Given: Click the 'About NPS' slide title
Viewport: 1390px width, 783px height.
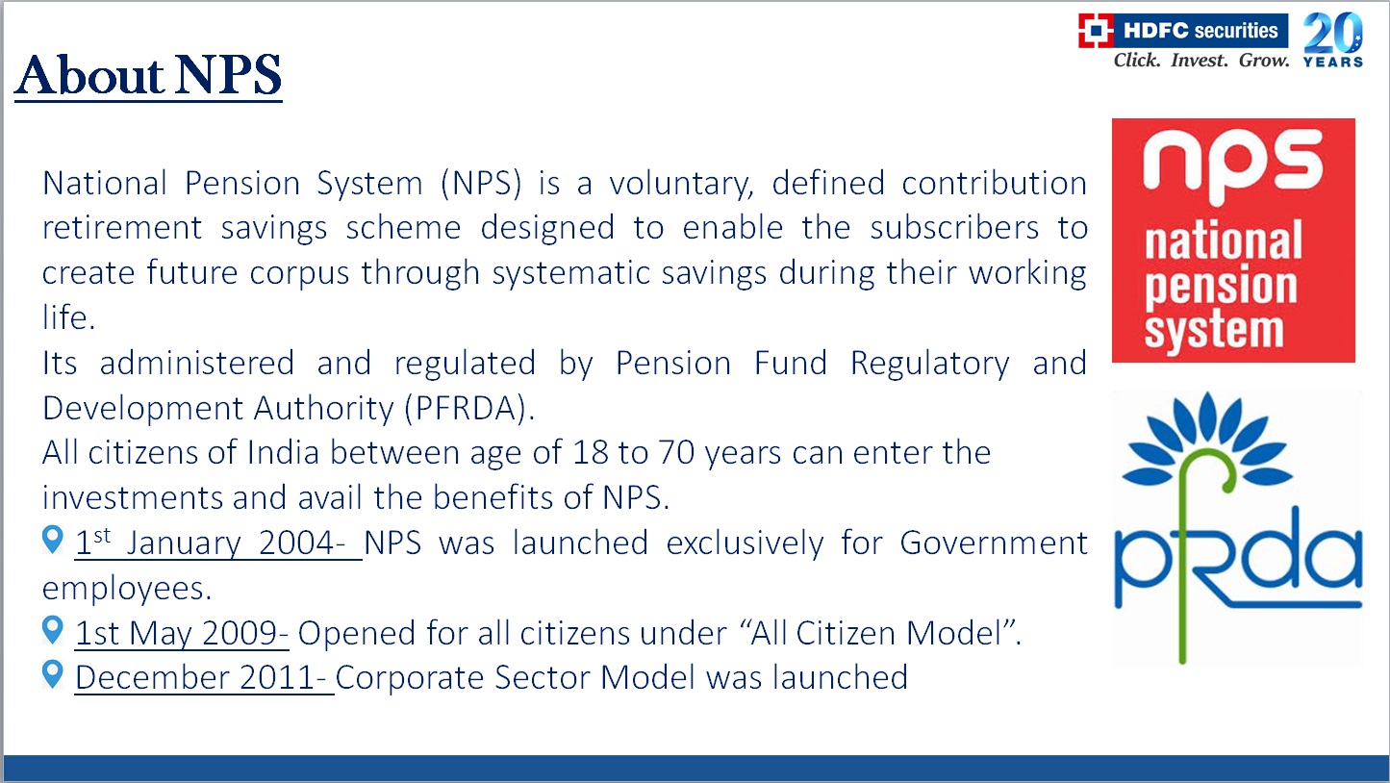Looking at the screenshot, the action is click(148, 76).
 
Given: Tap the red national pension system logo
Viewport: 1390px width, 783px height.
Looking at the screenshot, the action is click(1233, 240).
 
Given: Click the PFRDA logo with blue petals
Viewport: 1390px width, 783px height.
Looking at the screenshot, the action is click(1238, 528).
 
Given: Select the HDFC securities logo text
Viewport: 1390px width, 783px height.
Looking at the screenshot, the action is click(1200, 31).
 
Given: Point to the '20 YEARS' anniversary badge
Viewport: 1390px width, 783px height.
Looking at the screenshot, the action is click(1333, 39).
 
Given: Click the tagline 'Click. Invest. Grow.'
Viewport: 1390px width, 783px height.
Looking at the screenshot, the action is click(1201, 61).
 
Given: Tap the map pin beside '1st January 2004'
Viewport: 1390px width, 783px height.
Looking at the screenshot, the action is click(53, 540).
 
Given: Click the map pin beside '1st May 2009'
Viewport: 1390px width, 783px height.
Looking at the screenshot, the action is click(53, 630).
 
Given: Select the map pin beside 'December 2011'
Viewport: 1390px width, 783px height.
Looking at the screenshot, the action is click(53, 673).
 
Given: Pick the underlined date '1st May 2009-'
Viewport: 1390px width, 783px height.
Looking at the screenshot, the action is click(182, 634).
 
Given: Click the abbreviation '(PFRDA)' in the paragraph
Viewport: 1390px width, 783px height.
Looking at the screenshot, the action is click(469, 409).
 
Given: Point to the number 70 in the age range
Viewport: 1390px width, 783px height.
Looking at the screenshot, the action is click(676, 452).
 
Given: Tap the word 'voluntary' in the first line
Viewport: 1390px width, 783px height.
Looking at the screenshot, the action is click(681, 185).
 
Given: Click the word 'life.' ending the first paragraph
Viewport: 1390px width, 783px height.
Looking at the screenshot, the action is click(68, 317).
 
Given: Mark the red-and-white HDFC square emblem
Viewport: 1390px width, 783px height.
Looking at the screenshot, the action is click(1096, 31).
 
